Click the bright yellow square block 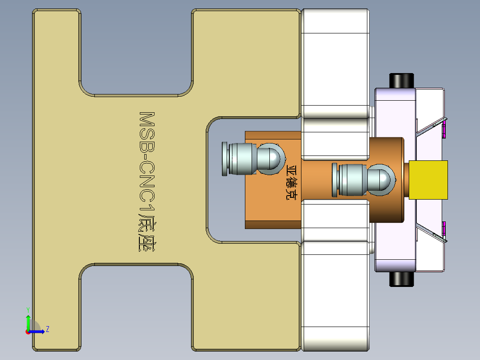point(428,180)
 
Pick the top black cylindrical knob point(402,81)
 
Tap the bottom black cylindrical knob point(402,279)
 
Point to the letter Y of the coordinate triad point(28,309)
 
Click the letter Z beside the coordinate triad point(47,329)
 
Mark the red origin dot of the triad point(28,331)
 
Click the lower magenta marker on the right point(444,229)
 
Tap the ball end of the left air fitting point(272,158)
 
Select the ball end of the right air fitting point(382,179)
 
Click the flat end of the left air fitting point(226,159)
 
